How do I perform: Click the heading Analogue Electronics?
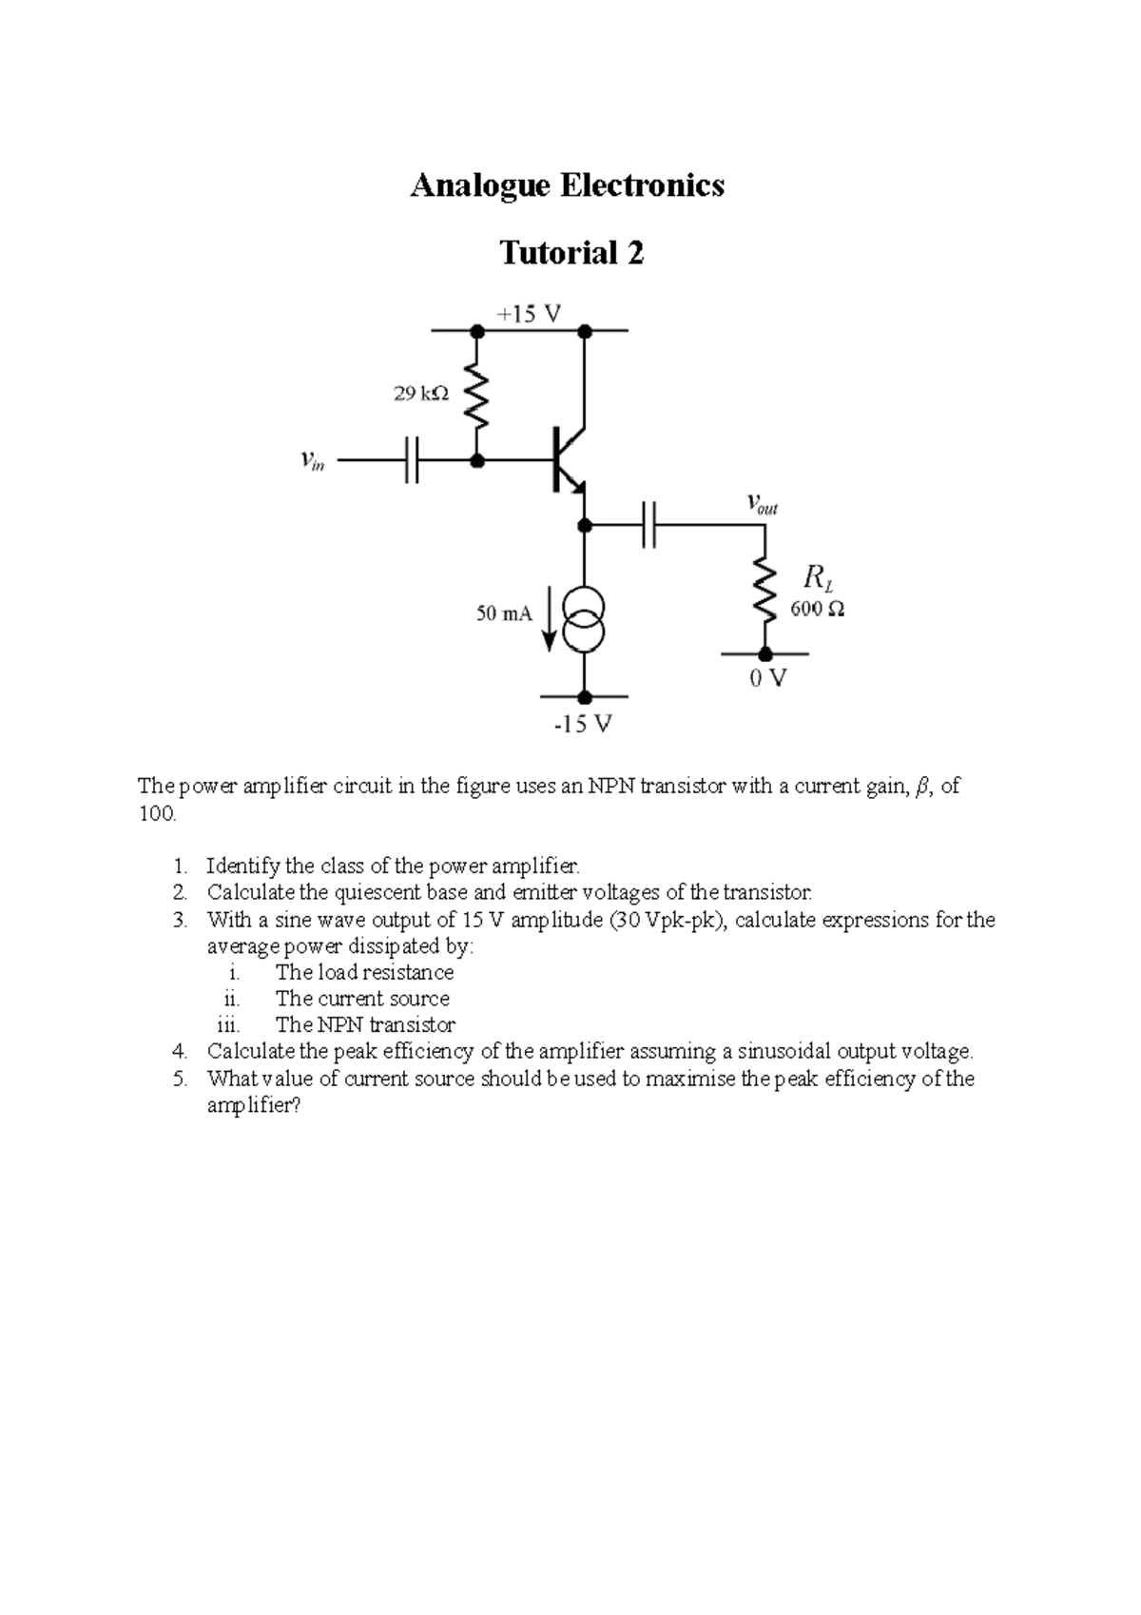coord(567,185)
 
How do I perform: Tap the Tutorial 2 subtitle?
coord(571,253)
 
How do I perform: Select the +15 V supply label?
coord(529,313)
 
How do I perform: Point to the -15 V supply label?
coord(583,725)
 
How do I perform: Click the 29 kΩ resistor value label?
coord(421,392)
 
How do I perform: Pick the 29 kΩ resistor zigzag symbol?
coord(477,396)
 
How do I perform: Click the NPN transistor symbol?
coord(569,460)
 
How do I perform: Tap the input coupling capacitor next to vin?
coord(411,461)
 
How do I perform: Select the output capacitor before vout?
coord(649,525)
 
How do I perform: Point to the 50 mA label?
coord(504,614)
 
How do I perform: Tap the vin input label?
coord(312,461)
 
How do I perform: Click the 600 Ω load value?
coord(817,610)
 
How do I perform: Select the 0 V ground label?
coord(768,679)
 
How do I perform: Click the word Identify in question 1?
coord(243,866)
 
